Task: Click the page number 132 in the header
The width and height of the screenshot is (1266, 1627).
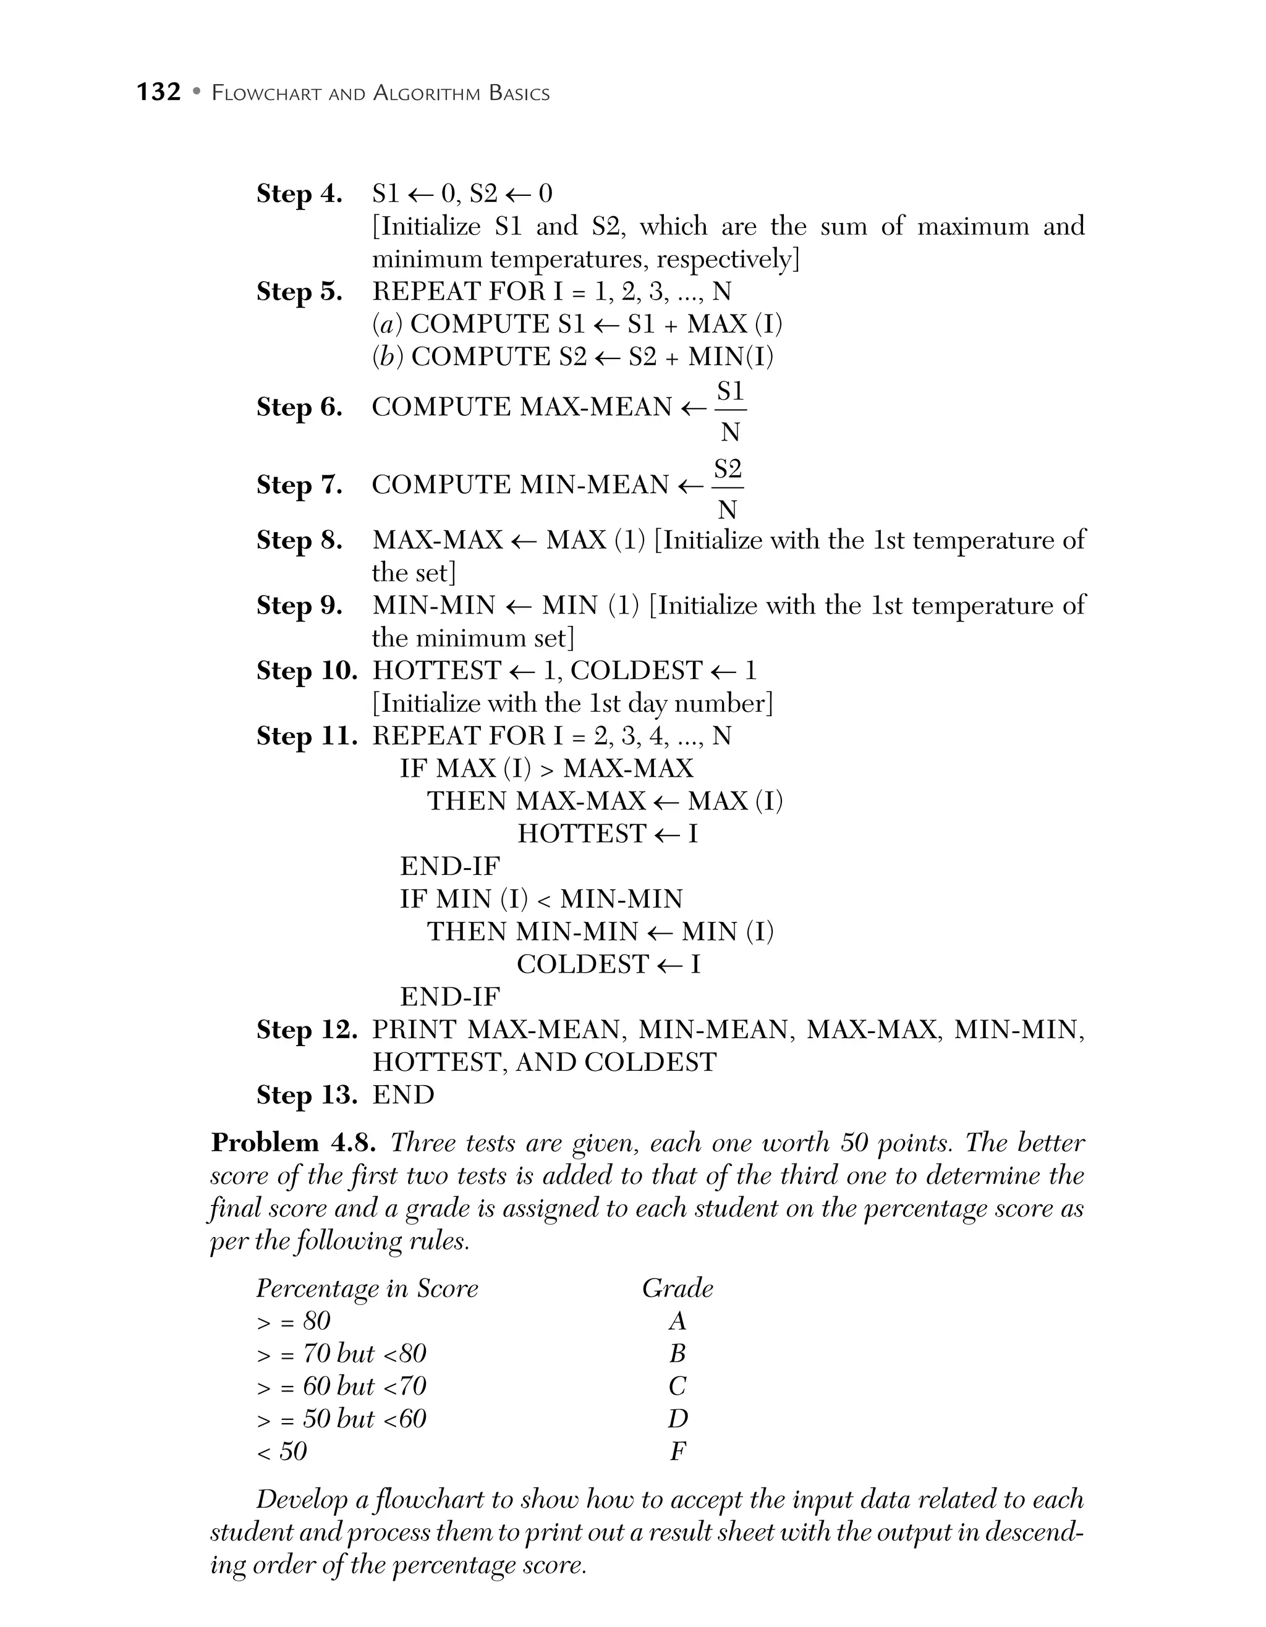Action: click(x=159, y=91)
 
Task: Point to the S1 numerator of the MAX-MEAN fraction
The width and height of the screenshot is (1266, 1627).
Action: click(x=730, y=391)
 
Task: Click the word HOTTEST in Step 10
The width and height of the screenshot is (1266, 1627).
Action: click(x=436, y=670)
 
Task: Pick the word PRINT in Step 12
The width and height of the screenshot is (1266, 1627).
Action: click(x=414, y=1029)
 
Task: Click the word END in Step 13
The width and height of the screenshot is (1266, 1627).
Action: click(x=403, y=1095)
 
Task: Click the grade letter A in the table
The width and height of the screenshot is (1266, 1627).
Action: click(x=677, y=1321)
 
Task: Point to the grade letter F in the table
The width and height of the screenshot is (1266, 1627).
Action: click(x=677, y=1451)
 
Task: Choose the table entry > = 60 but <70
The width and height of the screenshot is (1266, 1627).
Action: click(x=341, y=1387)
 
